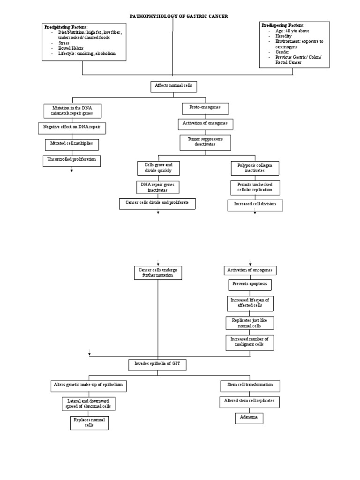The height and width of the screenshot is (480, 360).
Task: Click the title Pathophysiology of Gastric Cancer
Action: [x=179, y=16]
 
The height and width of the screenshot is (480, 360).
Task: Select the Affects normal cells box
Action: [x=173, y=87]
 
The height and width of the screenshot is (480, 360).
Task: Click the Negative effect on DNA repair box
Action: [x=72, y=127]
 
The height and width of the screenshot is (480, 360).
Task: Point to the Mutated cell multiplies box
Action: [x=72, y=143]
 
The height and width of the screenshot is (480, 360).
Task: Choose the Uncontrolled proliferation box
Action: [x=72, y=160]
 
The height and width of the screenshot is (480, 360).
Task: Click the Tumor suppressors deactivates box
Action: [x=205, y=142]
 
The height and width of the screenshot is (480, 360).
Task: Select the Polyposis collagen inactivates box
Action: [x=255, y=168]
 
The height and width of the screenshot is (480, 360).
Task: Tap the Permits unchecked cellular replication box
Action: [x=255, y=188]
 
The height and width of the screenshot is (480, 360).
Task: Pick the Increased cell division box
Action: [x=255, y=205]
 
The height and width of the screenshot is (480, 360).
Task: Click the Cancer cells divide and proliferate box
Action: [x=157, y=203]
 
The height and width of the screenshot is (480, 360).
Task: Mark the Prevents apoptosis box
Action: [x=250, y=285]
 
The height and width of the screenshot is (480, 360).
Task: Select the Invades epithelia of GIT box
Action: [x=157, y=364]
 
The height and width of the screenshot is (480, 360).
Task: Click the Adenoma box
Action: [x=249, y=418]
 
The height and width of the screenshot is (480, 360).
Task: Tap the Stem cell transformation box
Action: [x=250, y=386]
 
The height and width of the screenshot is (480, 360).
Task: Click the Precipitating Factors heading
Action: [x=66, y=27]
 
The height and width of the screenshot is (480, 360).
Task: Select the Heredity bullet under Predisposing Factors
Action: [x=284, y=36]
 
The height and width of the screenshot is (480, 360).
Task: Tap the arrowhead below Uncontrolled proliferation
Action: [x=71, y=171]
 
